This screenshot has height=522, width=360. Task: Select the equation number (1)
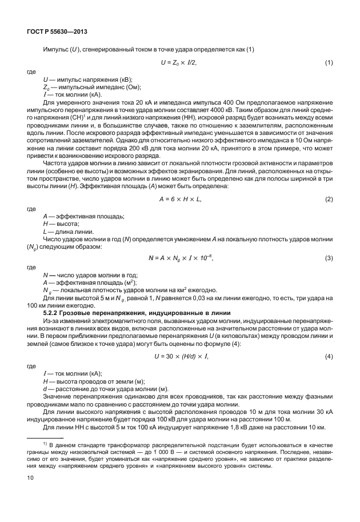pos(329,62)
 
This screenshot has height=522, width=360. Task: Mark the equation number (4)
pos(329,357)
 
